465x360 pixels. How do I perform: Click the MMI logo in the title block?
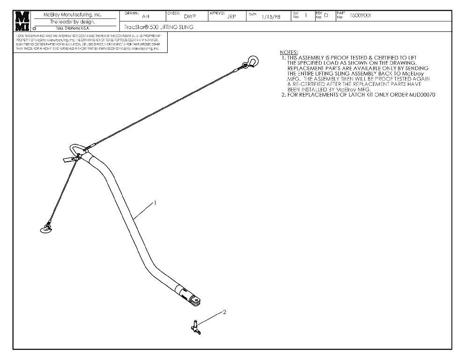pyautogui.click(x=22, y=21)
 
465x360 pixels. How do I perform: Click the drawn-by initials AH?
pyautogui.click(x=146, y=16)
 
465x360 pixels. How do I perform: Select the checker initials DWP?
pyautogui.click(x=189, y=16)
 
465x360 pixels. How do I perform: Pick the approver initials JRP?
pyautogui.click(x=231, y=16)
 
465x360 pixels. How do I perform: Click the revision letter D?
pyautogui.click(x=326, y=15)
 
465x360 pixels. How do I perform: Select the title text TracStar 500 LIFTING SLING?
pyautogui.click(x=159, y=27)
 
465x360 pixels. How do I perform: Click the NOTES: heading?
pyautogui.click(x=288, y=52)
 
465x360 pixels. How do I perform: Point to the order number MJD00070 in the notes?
pyautogui.click(x=422, y=95)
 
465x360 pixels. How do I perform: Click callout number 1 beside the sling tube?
pyautogui.click(x=155, y=203)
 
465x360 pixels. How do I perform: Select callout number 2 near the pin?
pyautogui.click(x=224, y=312)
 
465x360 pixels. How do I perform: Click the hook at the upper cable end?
pyautogui.click(x=251, y=61)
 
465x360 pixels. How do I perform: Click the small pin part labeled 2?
pyautogui.click(x=195, y=327)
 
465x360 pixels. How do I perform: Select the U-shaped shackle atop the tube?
pyautogui.click(x=77, y=149)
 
